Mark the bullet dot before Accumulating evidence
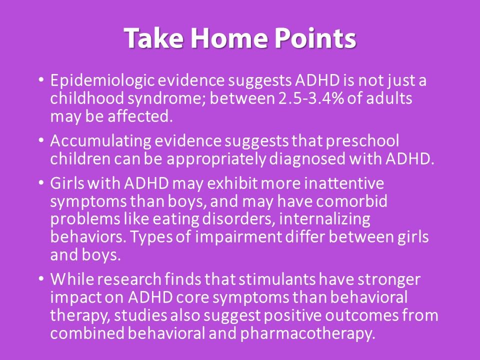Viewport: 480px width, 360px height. pyautogui.click(x=40, y=141)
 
